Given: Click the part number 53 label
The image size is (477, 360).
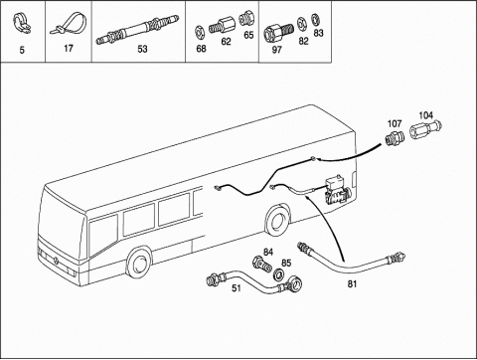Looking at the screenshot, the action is [142, 49].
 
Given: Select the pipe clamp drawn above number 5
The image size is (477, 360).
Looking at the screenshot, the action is [21, 24].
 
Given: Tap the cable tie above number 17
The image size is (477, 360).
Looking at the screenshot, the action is [69, 24].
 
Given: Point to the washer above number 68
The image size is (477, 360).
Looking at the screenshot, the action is [200, 32].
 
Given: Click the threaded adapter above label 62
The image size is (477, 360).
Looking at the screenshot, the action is [222, 25].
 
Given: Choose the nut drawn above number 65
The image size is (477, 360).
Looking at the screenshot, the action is [246, 19].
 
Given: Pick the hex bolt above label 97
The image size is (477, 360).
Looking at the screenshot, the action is [278, 33].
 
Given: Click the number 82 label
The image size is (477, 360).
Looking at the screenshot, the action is [303, 41].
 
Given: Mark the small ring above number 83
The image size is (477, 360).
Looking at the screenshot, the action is [316, 20].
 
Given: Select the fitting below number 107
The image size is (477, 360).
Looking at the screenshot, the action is [395, 138].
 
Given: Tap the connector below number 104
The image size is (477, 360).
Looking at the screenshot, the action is [426, 129].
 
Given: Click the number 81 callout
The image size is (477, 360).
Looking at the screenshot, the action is [352, 284].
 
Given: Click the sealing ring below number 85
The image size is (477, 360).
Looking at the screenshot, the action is [278, 274].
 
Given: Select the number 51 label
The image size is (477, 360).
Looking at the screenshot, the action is [237, 288].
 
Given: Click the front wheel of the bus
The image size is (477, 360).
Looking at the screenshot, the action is [139, 263].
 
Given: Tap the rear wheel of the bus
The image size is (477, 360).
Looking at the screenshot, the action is [277, 220].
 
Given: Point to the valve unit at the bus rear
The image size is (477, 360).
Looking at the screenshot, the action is [337, 191].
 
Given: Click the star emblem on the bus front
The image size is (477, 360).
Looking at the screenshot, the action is [56, 261].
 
